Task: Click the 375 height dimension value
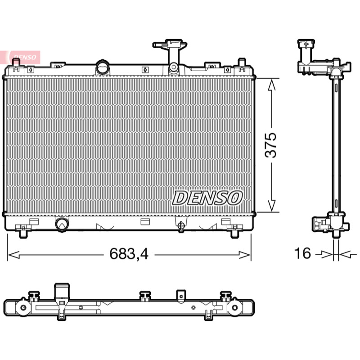[x=271, y=145]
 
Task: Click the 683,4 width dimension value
[x=129, y=254]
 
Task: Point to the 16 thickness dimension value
[x=302, y=253]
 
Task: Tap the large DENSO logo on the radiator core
[x=207, y=198]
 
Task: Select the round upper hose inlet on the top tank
[x=103, y=67]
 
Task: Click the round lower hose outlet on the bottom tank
[x=62, y=224]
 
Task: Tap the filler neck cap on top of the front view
[x=170, y=44]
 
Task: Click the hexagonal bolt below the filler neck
[x=173, y=67]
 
